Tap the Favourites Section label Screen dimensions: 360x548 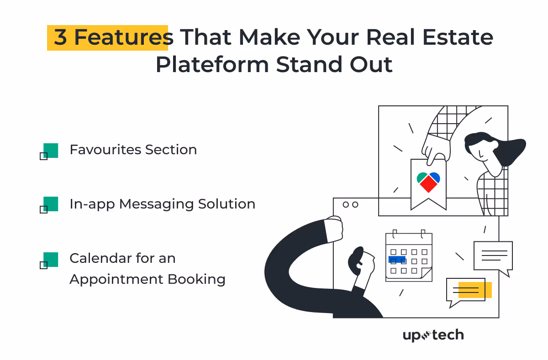point(133,150)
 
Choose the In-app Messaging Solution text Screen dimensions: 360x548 point(162,204)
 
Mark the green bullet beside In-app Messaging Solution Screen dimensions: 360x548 point(50,204)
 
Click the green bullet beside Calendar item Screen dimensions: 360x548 point(50,260)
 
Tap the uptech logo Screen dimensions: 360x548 point(433,335)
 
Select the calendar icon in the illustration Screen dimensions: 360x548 point(409,257)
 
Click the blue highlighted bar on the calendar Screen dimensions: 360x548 point(396,260)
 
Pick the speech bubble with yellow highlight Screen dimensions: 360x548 point(467,291)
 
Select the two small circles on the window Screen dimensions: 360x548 point(350,204)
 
